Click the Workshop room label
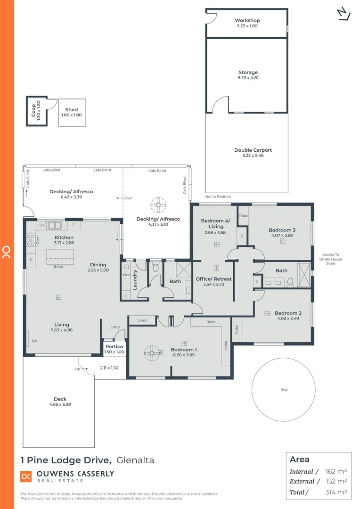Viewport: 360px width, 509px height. click(x=247, y=21)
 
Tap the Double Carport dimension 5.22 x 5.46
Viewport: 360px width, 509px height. click(x=253, y=156)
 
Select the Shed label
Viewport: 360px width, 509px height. click(x=72, y=110)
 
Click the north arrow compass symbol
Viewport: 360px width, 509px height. click(x=344, y=14)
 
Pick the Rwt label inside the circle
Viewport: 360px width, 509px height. click(x=284, y=390)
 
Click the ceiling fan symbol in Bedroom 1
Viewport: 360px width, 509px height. click(x=152, y=352)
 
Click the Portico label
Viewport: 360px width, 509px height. click(x=114, y=346)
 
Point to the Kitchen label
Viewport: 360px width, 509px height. click(x=64, y=238)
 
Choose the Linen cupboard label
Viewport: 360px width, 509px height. click(x=143, y=320)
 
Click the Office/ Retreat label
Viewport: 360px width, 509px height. click(x=213, y=279)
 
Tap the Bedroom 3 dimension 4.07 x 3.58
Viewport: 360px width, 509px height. click(x=282, y=235)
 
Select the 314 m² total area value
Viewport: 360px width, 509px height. click(x=336, y=492)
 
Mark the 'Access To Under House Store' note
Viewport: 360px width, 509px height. click(x=330, y=259)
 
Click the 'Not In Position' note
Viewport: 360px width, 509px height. click(x=218, y=197)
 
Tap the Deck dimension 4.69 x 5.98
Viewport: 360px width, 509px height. click(x=60, y=404)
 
